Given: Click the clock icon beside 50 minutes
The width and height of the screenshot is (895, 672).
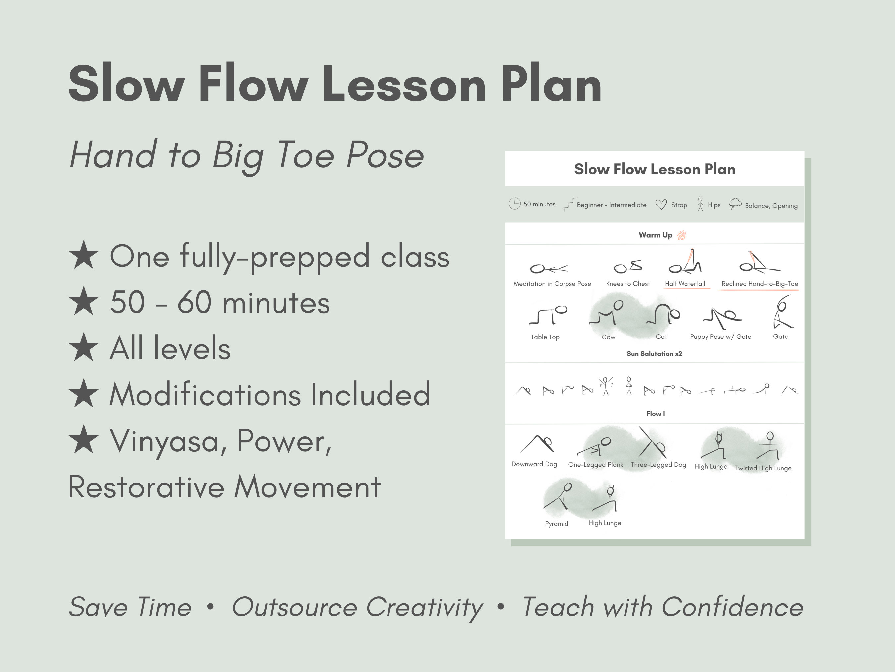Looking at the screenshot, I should click(x=514, y=204).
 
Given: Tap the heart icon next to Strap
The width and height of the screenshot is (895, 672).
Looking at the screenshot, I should click(x=661, y=204).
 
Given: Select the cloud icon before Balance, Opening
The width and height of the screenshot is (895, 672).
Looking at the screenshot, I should click(x=735, y=204).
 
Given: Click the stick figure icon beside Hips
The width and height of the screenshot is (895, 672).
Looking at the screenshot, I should click(x=700, y=204).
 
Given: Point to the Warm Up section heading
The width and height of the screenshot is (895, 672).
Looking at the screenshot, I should click(x=655, y=235).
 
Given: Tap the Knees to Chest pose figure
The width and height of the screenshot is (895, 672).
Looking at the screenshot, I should click(x=627, y=266).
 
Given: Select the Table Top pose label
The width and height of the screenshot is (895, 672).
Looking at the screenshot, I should click(x=545, y=337).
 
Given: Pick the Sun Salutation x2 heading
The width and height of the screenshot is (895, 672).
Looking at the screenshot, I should click(x=654, y=354).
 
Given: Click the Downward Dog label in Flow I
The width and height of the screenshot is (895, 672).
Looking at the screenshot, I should click(x=534, y=464).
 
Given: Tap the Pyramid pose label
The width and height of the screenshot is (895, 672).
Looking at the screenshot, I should click(x=556, y=523).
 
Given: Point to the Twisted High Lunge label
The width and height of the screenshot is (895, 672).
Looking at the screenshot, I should click(x=763, y=468).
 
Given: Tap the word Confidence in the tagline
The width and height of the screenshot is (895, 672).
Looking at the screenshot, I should click(x=732, y=607).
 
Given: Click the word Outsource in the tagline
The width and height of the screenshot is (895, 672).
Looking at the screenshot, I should click(x=294, y=607).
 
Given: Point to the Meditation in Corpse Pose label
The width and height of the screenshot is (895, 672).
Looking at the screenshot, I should click(x=552, y=283).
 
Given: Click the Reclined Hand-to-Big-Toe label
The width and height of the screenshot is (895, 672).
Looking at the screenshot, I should click(x=759, y=283).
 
